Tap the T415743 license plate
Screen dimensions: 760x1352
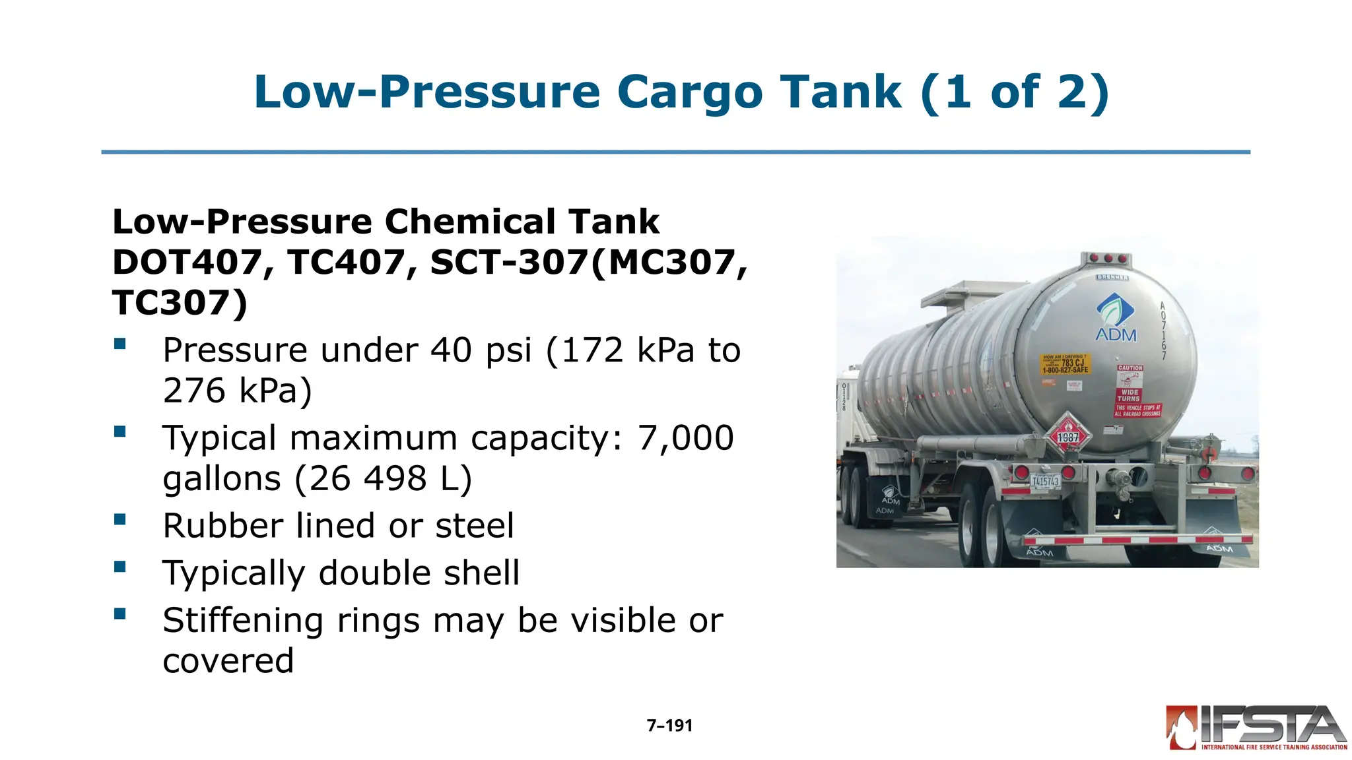(x=1045, y=481)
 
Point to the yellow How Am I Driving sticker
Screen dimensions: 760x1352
(x=1065, y=364)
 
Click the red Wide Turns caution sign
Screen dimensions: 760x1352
(x=1129, y=395)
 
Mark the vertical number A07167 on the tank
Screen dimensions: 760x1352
(x=1164, y=331)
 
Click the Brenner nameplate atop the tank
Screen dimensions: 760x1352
(x=1112, y=277)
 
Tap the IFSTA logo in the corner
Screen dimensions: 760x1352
(x=1256, y=727)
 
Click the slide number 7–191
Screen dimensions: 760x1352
(x=669, y=726)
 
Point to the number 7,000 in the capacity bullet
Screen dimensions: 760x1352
(x=685, y=437)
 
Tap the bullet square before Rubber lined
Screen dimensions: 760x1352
(x=119, y=519)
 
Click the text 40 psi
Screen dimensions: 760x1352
(x=481, y=350)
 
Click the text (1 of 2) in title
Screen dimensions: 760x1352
(x=1014, y=92)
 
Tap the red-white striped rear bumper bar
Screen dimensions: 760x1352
(x=1135, y=540)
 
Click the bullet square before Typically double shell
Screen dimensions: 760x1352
(x=119, y=567)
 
